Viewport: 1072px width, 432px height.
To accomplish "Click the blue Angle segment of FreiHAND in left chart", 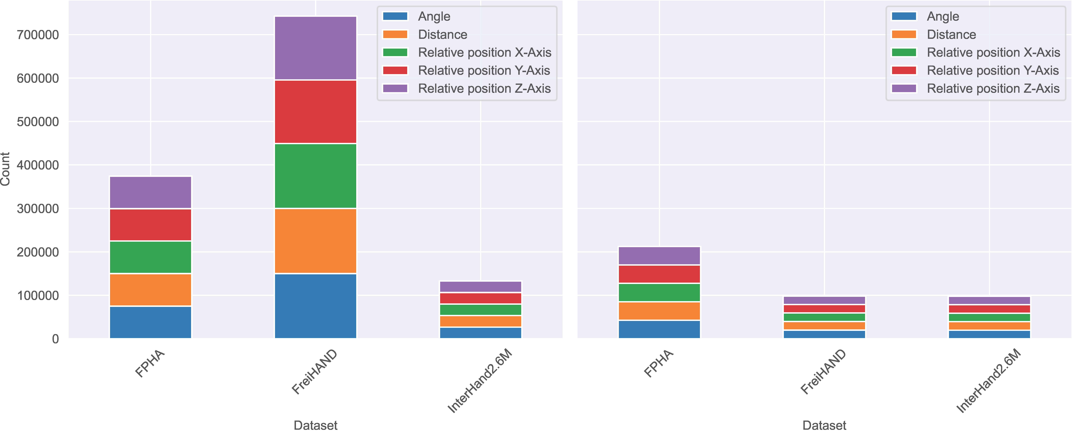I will click(x=315, y=306).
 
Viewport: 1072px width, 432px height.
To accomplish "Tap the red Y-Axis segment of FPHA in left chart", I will click(x=150, y=225).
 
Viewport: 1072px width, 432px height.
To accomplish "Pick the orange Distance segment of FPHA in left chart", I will click(x=150, y=290).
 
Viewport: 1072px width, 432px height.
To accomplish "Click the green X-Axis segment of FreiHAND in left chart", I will click(x=315, y=176).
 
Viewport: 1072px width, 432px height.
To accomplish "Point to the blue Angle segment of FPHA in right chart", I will click(x=659, y=329).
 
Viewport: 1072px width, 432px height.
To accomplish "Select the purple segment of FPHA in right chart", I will click(x=659, y=256).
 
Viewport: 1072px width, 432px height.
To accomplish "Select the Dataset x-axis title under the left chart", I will click(x=315, y=425).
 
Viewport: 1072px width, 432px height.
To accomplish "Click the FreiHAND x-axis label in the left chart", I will click(x=315, y=372).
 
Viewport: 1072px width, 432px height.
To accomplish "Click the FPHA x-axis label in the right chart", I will click(x=658, y=363).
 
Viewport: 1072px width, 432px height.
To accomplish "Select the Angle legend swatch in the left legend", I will click(x=395, y=16).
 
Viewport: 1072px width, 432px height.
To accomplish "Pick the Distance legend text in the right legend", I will click(x=951, y=35).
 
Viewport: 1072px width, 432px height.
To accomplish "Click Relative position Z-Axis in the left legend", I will click(x=484, y=88).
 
